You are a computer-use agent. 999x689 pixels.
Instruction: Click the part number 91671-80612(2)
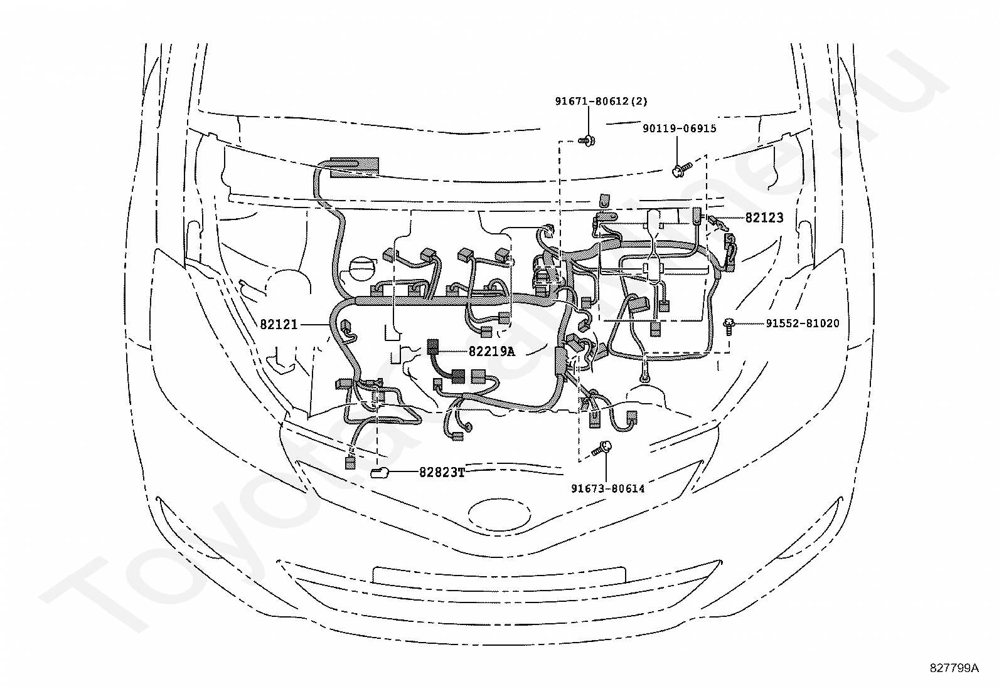601,102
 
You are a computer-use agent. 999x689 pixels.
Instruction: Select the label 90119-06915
679,129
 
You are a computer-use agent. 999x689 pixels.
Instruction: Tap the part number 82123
764,218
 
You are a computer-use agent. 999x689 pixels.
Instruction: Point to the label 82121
279,325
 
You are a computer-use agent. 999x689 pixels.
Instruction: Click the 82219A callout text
491,352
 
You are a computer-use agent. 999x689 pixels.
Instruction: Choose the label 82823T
442,473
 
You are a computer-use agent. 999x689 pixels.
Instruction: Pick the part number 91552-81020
803,323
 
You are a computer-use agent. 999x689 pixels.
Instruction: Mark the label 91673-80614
608,489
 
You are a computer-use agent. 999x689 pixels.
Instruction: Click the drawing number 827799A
954,668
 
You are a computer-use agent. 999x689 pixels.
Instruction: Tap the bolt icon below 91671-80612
587,141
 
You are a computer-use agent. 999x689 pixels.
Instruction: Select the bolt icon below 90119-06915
681,170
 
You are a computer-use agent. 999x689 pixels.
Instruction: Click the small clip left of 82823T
379,473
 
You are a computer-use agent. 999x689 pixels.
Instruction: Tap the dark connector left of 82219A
432,347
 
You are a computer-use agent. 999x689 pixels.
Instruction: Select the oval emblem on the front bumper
499,515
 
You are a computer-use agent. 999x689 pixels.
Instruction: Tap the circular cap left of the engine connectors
363,271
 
